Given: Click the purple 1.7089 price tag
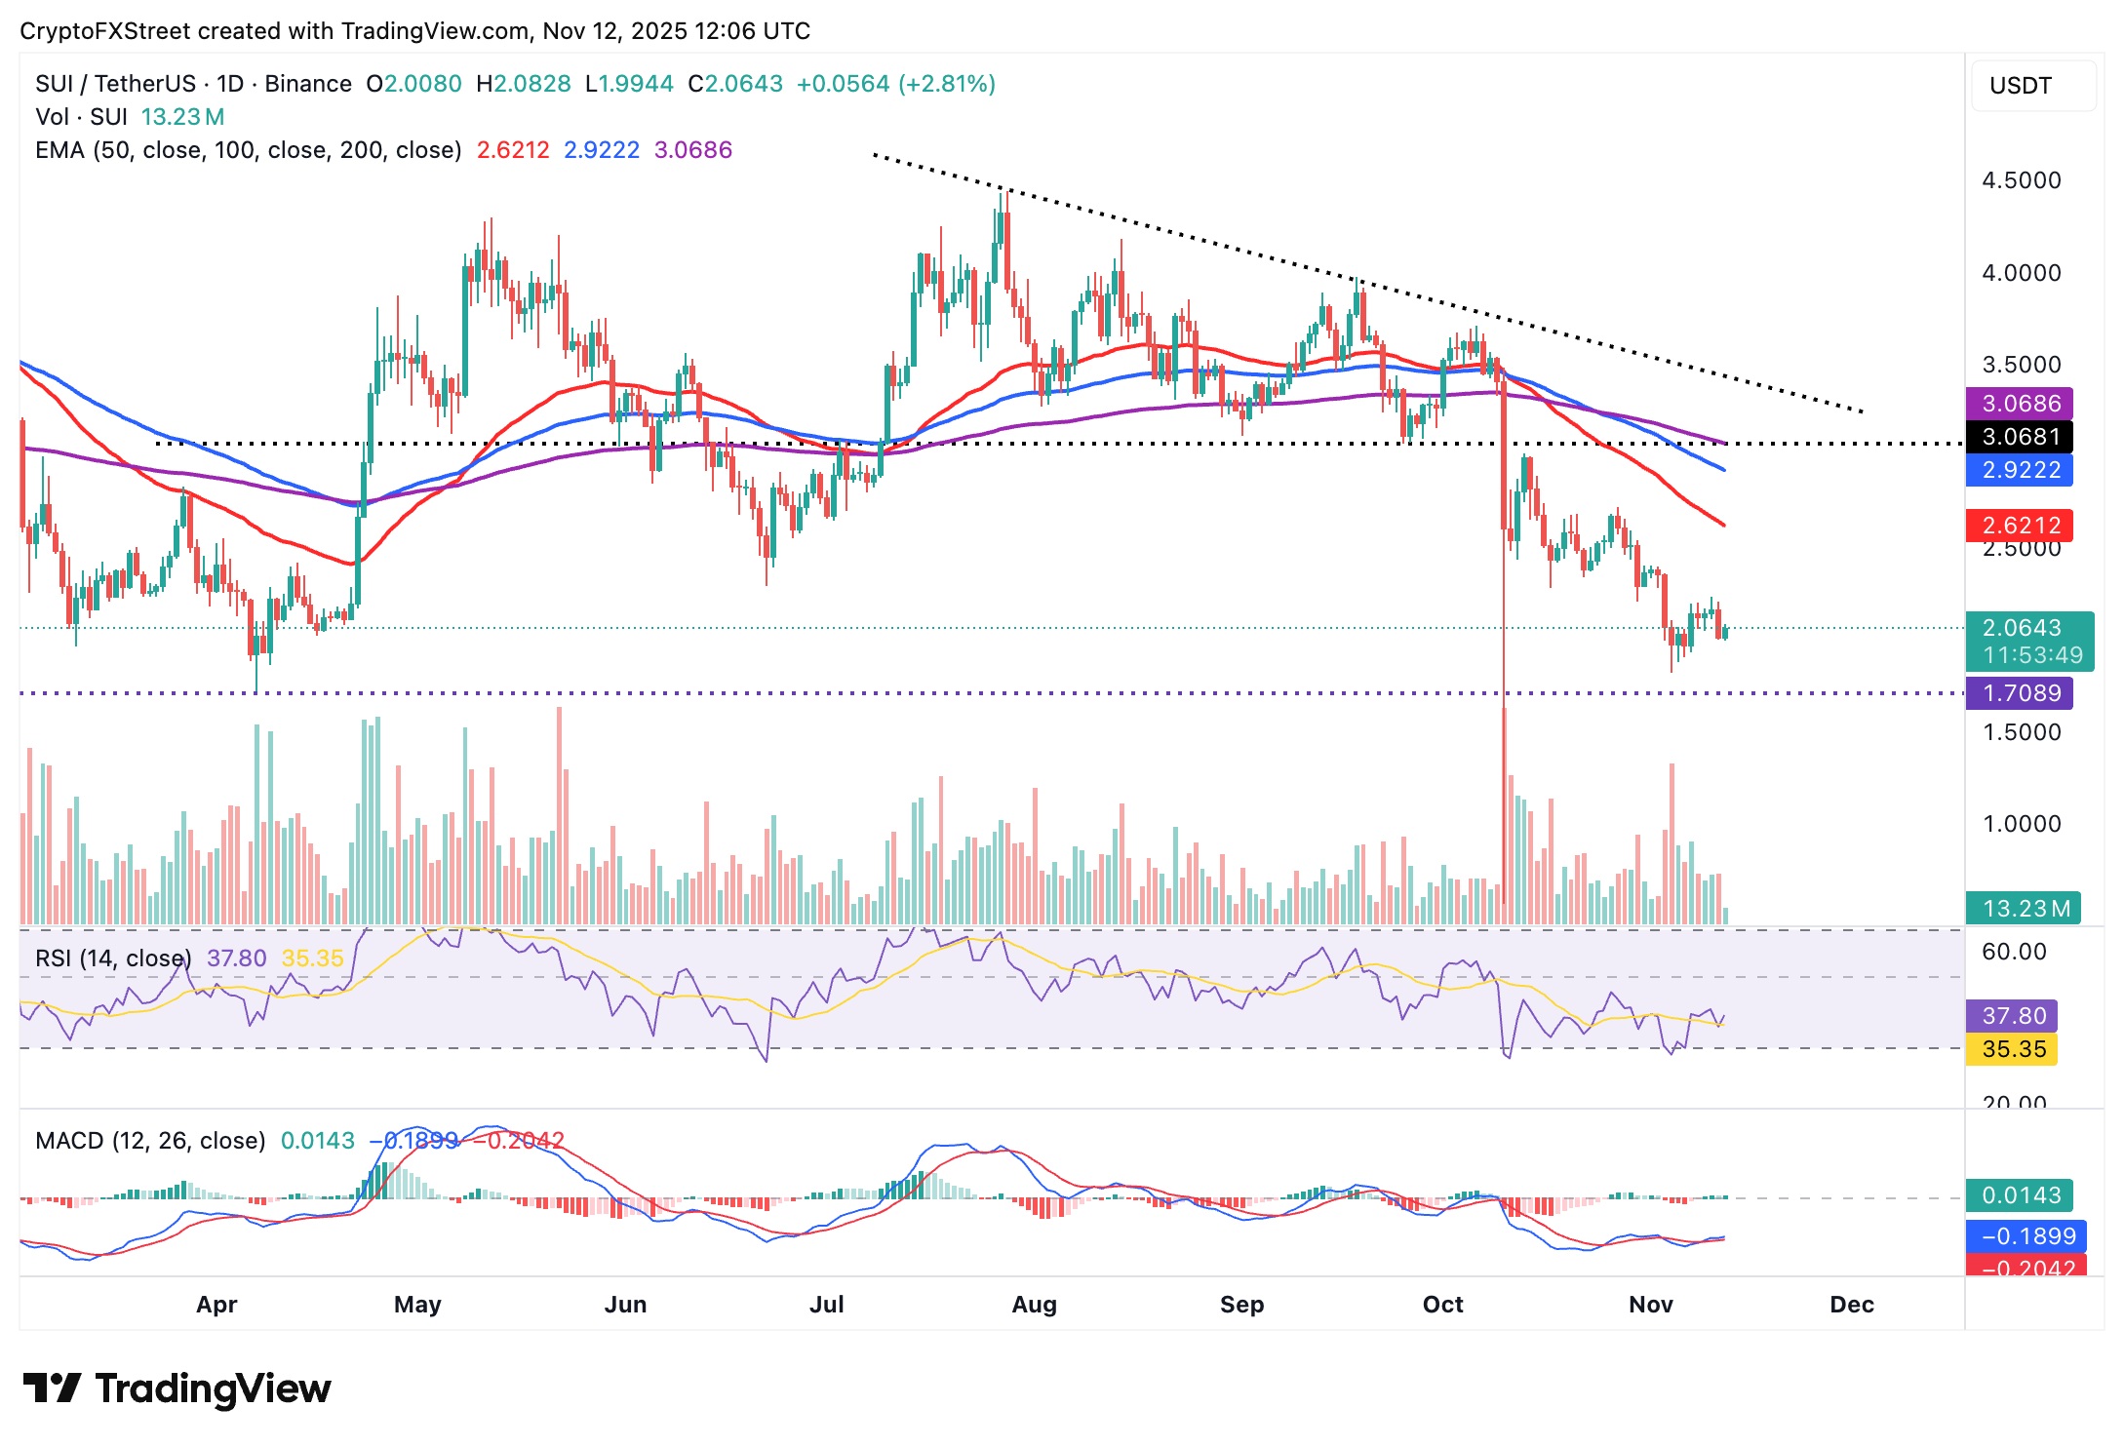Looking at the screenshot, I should [x=2019, y=693].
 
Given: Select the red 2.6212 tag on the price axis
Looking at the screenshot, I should [x=2019, y=526].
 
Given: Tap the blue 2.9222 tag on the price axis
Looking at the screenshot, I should [x=2019, y=470].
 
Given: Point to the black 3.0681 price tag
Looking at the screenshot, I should [x=2019, y=437].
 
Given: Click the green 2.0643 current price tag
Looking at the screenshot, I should [x=2023, y=628].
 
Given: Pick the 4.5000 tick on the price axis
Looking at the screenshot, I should [x=2021, y=180].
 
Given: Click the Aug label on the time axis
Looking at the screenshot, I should [x=1034, y=1305].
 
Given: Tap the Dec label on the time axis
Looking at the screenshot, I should [x=1851, y=1305].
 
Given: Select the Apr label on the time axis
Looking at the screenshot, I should [x=216, y=1305].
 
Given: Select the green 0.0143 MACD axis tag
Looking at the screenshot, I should [x=2021, y=1195].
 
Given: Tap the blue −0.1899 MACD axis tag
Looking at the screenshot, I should [x=2026, y=1236].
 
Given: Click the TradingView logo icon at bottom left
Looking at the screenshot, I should [x=52, y=1388].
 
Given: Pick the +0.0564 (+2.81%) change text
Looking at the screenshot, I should [x=895, y=84].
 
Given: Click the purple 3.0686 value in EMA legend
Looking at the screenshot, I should [x=692, y=150].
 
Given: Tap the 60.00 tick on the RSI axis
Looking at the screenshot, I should [x=2013, y=952].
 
